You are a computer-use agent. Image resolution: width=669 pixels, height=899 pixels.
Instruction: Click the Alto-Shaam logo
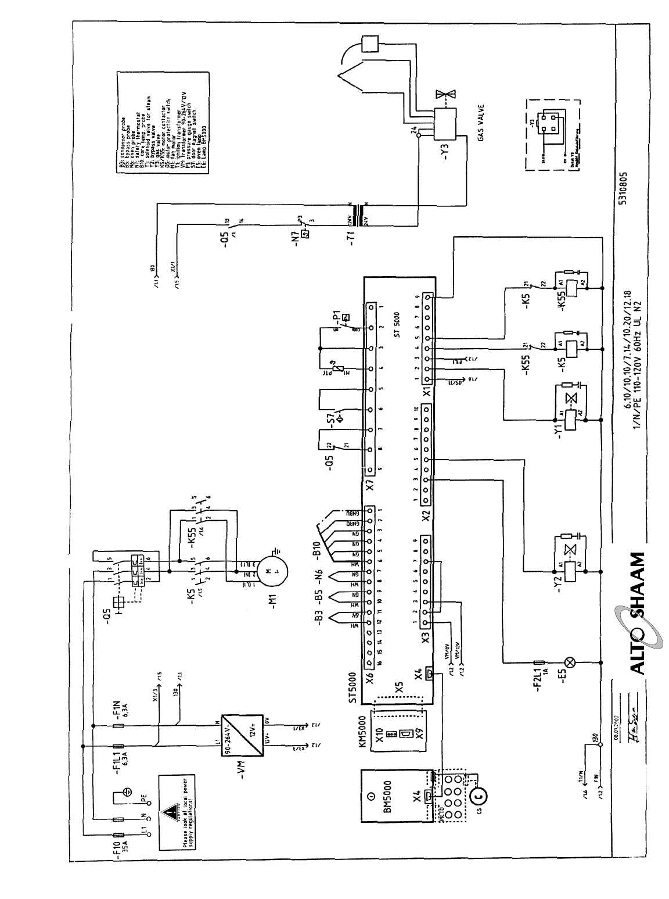pyautogui.click(x=635, y=616)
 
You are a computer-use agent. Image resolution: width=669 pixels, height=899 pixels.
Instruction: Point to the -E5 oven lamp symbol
pyautogui.click(x=570, y=662)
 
